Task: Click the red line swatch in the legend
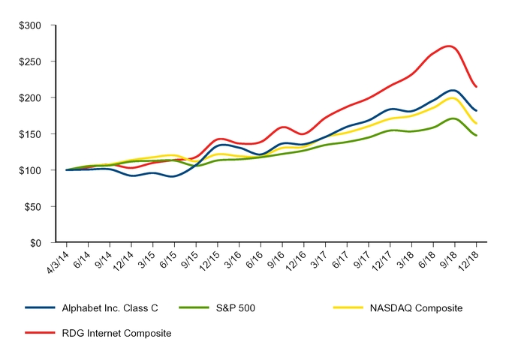[x=41, y=332]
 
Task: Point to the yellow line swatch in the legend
[x=348, y=308]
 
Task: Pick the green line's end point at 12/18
[x=477, y=136]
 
